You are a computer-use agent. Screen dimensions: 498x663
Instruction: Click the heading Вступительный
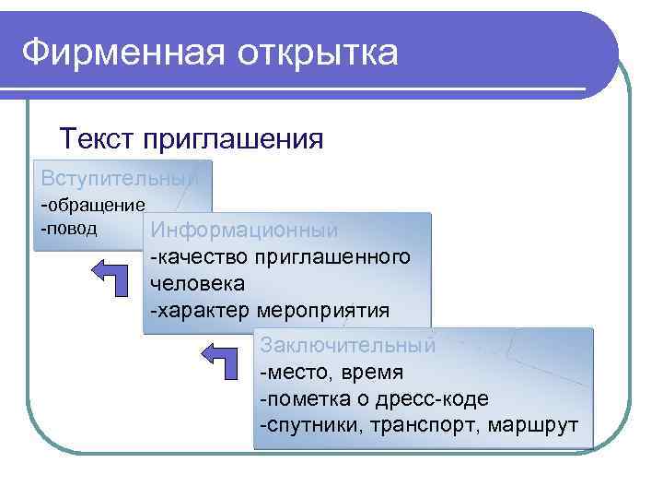pyautogui.click(x=119, y=178)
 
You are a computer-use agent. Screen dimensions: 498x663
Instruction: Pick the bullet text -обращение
pyautogui.click(x=92, y=205)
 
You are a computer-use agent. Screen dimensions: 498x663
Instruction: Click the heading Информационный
pyautogui.click(x=245, y=231)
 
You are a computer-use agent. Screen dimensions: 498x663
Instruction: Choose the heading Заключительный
pyautogui.click(x=347, y=346)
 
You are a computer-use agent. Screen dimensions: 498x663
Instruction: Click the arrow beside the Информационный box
pyautogui.click(x=115, y=276)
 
